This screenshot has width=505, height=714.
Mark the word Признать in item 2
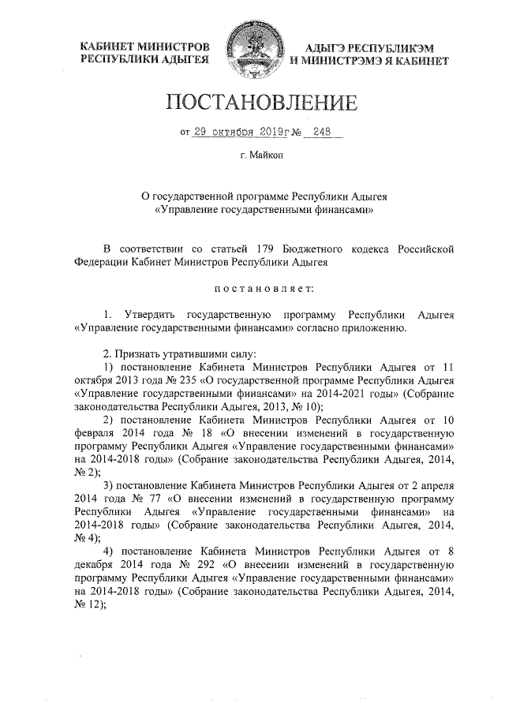tap(136, 353)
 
